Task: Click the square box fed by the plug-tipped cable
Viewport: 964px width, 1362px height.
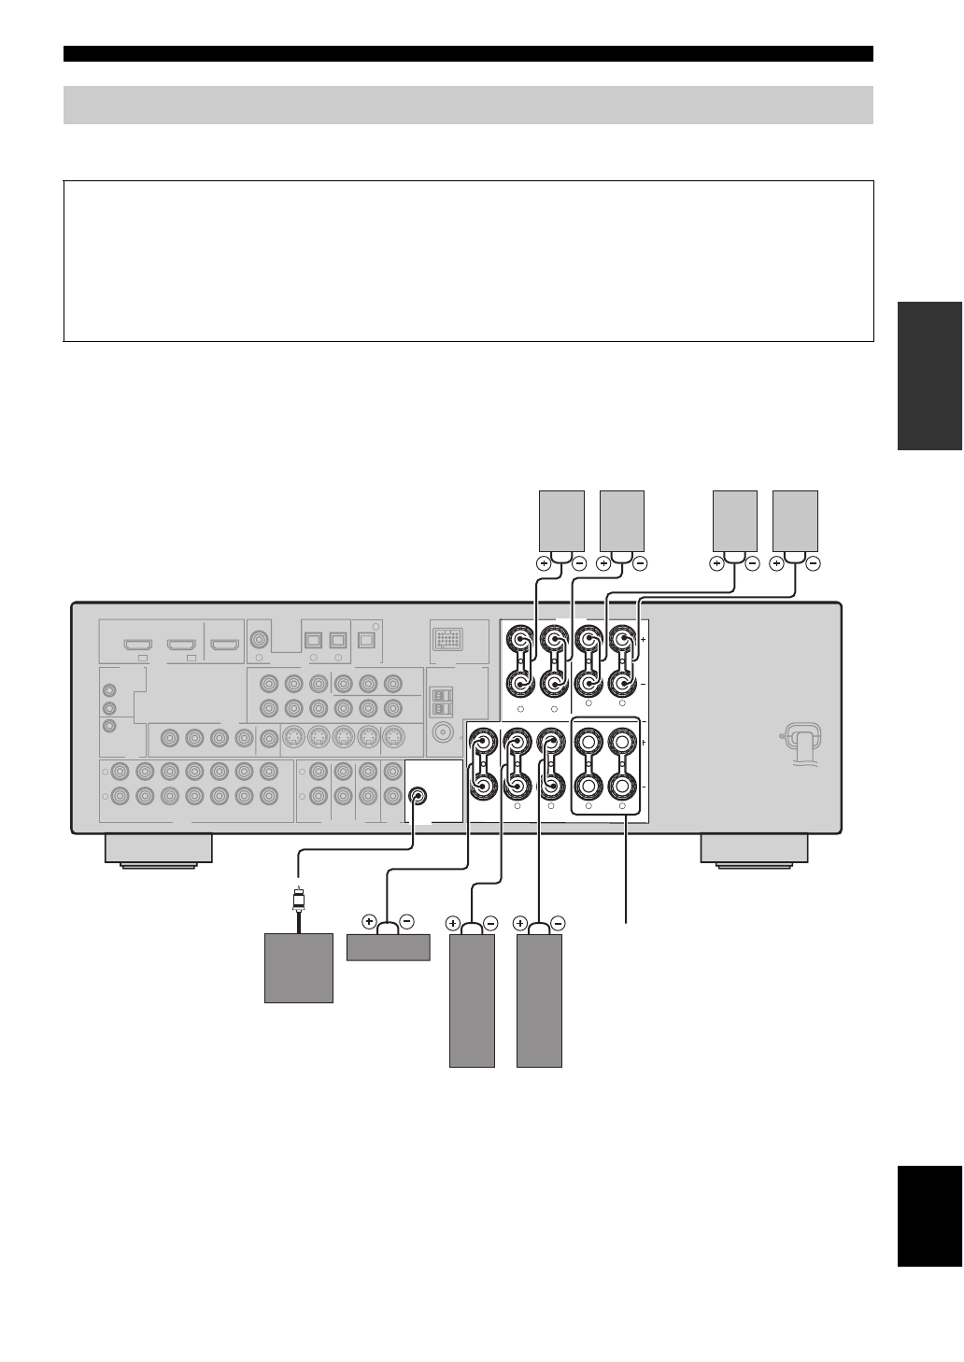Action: click(x=299, y=968)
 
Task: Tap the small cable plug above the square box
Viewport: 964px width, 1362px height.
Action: click(x=298, y=901)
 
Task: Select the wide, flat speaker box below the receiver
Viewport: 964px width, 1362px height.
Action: click(x=388, y=947)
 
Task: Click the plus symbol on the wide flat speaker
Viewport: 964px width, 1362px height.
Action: click(x=369, y=922)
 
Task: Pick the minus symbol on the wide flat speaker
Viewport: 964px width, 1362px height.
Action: click(x=406, y=922)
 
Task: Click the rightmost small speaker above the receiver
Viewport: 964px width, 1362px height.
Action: click(x=795, y=520)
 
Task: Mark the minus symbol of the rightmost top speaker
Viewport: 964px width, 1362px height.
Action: click(x=813, y=564)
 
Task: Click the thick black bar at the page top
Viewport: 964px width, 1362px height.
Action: click(x=468, y=53)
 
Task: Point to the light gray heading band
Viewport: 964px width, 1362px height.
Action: click(x=468, y=105)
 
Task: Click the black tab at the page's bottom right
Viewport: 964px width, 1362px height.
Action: click(x=929, y=1215)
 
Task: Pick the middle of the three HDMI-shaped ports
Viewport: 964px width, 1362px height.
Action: click(x=181, y=645)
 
